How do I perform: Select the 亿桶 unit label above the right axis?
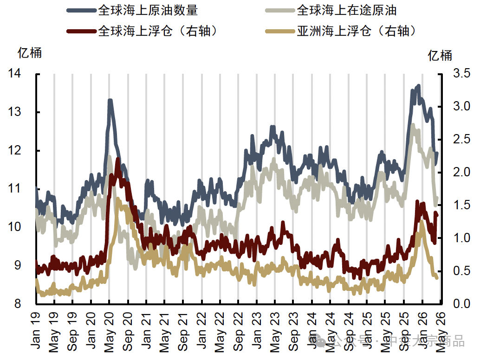point(440,56)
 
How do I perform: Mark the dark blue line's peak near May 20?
point(110,100)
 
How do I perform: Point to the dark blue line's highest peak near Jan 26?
point(418,86)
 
